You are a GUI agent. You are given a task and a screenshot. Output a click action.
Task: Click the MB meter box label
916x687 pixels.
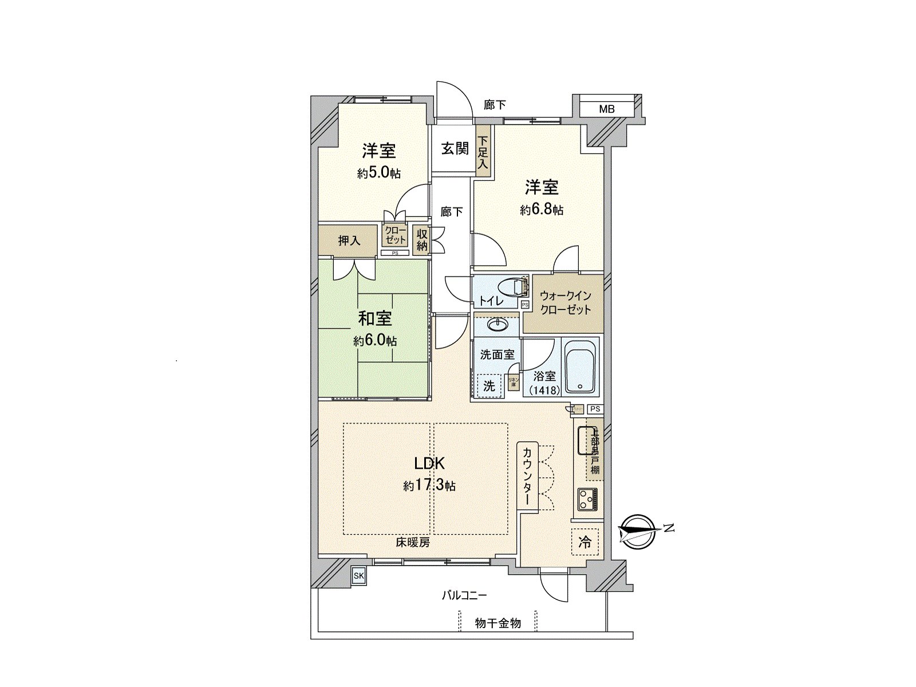(607, 109)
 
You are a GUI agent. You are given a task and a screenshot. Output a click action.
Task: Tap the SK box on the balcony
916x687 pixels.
(358, 575)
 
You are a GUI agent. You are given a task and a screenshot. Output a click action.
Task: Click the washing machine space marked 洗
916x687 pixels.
(489, 385)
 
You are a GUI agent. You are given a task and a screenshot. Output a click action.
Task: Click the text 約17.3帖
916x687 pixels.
(429, 486)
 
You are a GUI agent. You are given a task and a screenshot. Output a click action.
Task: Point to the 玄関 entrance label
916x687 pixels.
(455, 149)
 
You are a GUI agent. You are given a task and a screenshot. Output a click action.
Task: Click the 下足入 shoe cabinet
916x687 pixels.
(484, 152)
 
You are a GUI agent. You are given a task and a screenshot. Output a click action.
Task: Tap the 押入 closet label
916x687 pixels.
(349, 240)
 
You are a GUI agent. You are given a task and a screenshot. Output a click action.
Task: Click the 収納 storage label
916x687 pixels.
(422, 240)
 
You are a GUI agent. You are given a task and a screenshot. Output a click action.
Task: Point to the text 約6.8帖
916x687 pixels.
(542, 210)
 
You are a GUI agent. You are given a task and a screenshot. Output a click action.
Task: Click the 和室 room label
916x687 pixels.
(375, 318)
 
